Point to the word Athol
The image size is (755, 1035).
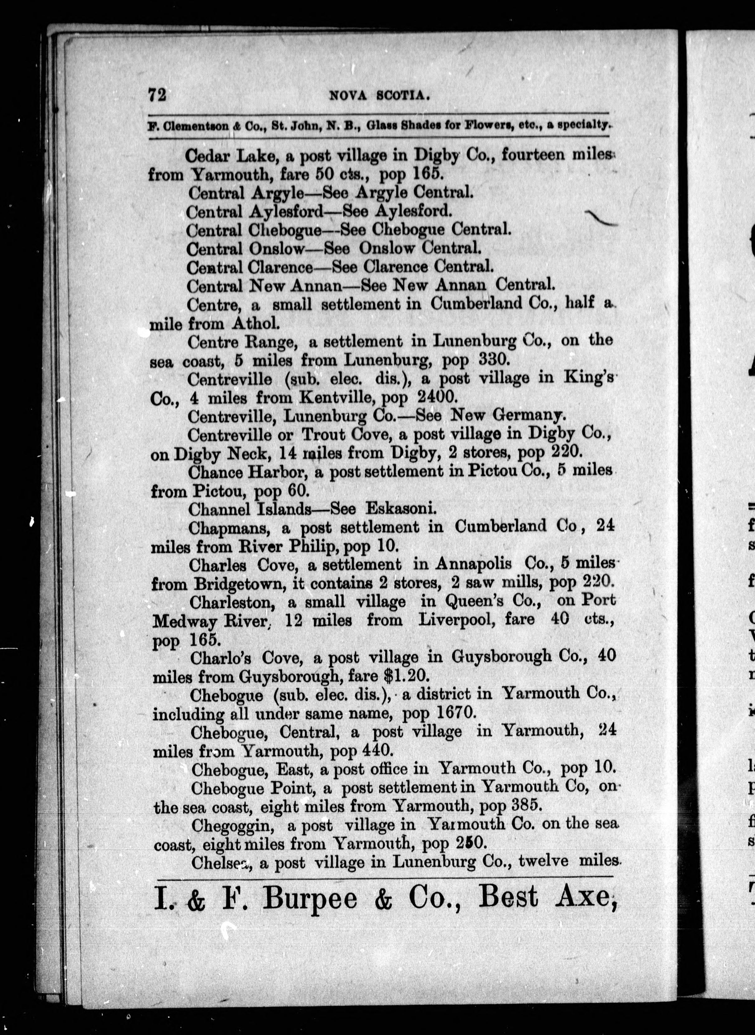point(254,324)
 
